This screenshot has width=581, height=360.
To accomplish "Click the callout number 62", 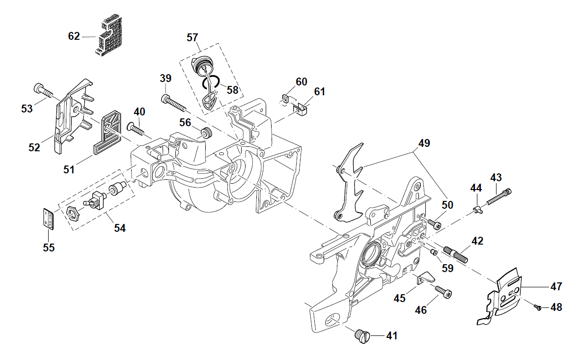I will (74, 36).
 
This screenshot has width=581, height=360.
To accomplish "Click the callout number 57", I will (193, 37).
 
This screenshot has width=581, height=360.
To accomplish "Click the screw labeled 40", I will (137, 129).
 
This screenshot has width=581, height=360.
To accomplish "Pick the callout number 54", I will (120, 228).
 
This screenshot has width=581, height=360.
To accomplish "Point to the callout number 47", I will (556, 286).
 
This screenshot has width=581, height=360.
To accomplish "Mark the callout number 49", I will (424, 143).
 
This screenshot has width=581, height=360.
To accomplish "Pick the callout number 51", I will (69, 169).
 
